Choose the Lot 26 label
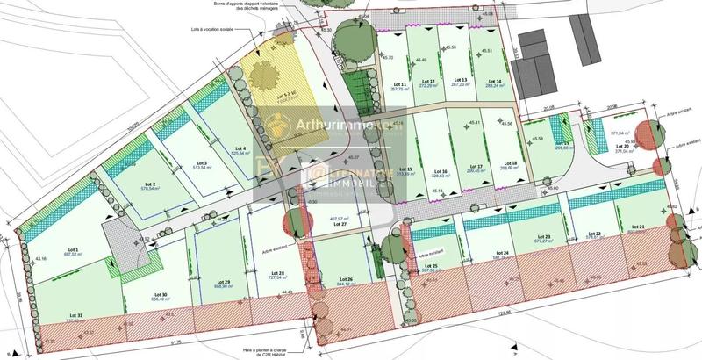355,278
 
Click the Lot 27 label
340,225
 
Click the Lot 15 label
404,169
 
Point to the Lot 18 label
509,164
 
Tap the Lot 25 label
430,264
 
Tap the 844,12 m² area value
355,284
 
